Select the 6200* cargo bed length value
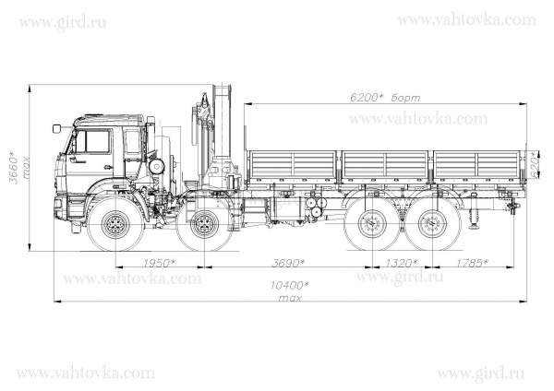[367, 97]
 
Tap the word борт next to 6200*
[405, 97]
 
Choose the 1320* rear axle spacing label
[400, 264]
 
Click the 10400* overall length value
[290, 287]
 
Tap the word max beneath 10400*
[290, 298]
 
